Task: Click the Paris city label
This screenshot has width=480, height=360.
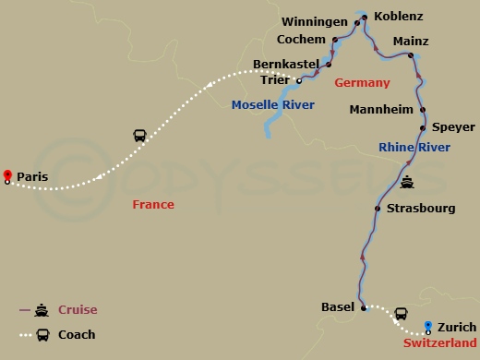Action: [x=32, y=176]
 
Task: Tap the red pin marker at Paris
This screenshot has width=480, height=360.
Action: [x=7, y=174]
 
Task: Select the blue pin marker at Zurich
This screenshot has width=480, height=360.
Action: [x=428, y=325]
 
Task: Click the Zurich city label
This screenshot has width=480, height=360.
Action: [x=458, y=327]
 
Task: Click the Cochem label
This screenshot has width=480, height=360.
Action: [x=302, y=40]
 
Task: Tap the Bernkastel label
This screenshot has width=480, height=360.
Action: [x=285, y=66]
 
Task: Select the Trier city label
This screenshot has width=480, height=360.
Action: [x=275, y=80]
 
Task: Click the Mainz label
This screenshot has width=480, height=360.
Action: [x=411, y=42]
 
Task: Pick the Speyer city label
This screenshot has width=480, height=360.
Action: [x=453, y=127]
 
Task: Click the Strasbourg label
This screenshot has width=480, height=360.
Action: [x=421, y=209]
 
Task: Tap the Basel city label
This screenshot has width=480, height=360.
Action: [x=337, y=306]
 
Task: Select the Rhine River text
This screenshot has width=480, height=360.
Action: [x=414, y=147]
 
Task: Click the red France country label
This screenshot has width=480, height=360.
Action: [x=153, y=204]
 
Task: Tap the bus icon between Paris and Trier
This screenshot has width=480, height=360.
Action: [x=139, y=136]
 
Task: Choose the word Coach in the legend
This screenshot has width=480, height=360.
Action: [x=78, y=334]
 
